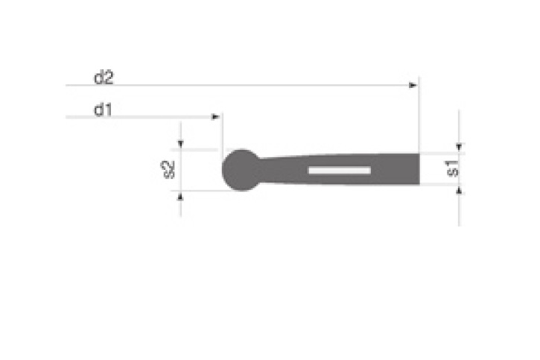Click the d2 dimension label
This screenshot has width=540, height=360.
104,77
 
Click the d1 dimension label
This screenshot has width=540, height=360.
103,110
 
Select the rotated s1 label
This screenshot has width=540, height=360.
452,169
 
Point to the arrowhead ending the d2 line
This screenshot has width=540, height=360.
413,86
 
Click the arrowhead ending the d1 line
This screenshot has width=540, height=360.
216,117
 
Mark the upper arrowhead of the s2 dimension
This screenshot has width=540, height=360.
180,144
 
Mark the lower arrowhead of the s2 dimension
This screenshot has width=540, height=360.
180,195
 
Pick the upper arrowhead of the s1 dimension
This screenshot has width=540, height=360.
459,148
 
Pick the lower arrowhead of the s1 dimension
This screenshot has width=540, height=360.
459,192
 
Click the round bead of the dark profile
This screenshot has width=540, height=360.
241,170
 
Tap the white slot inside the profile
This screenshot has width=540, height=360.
340,171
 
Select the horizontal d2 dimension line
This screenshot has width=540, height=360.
238,86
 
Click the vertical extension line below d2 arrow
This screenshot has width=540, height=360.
419,119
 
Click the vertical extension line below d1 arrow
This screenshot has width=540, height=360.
222,134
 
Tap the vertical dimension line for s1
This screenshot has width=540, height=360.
459,209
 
